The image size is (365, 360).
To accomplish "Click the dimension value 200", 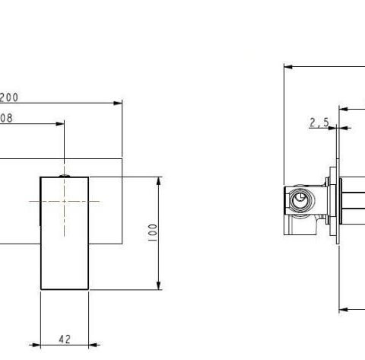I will click(x=8, y=97).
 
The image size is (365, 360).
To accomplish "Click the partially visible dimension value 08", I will click(x=6, y=118).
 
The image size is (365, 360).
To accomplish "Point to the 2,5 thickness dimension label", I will click(x=319, y=122).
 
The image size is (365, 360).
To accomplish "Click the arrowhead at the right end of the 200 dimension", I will click(x=119, y=103).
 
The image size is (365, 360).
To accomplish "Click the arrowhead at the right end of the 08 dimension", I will click(x=62, y=123).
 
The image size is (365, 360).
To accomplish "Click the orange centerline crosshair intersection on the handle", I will click(x=65, y=202).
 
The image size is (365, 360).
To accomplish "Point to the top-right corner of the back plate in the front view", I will click(x=122, y=158).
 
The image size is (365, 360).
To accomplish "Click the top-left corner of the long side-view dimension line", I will click(x=284, y=66).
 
